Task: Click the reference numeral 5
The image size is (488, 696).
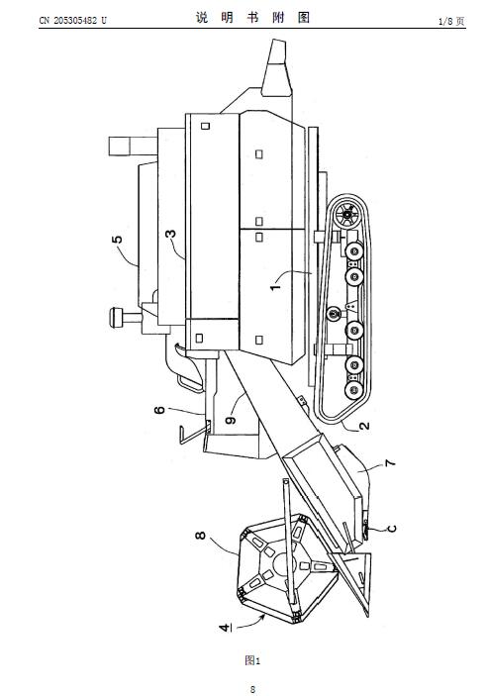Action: coord(117,240)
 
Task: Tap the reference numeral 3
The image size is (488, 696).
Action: coord(170,234)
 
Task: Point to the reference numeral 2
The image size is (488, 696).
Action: coord(364,426)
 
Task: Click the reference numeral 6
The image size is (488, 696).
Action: coord(159,410)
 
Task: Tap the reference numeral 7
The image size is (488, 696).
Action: coord(390,463)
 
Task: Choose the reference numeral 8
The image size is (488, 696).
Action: coord(201,536)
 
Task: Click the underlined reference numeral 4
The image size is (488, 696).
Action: coord(226,628)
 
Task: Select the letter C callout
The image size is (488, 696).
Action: coord(392,529)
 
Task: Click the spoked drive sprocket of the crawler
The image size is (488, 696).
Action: coord(347,215)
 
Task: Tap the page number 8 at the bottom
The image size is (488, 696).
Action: coord(252,689)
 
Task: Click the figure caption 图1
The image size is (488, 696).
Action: coord(252,660)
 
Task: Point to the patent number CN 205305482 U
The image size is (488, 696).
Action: coord(73,21)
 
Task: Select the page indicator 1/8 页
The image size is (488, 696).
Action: coord(451,22)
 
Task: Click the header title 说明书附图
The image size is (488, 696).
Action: coord(252,18)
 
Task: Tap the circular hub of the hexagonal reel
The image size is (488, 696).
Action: coord(282,564)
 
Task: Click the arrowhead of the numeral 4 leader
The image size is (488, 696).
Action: coord(263,617)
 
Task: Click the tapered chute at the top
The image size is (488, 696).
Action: coord(277,67)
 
